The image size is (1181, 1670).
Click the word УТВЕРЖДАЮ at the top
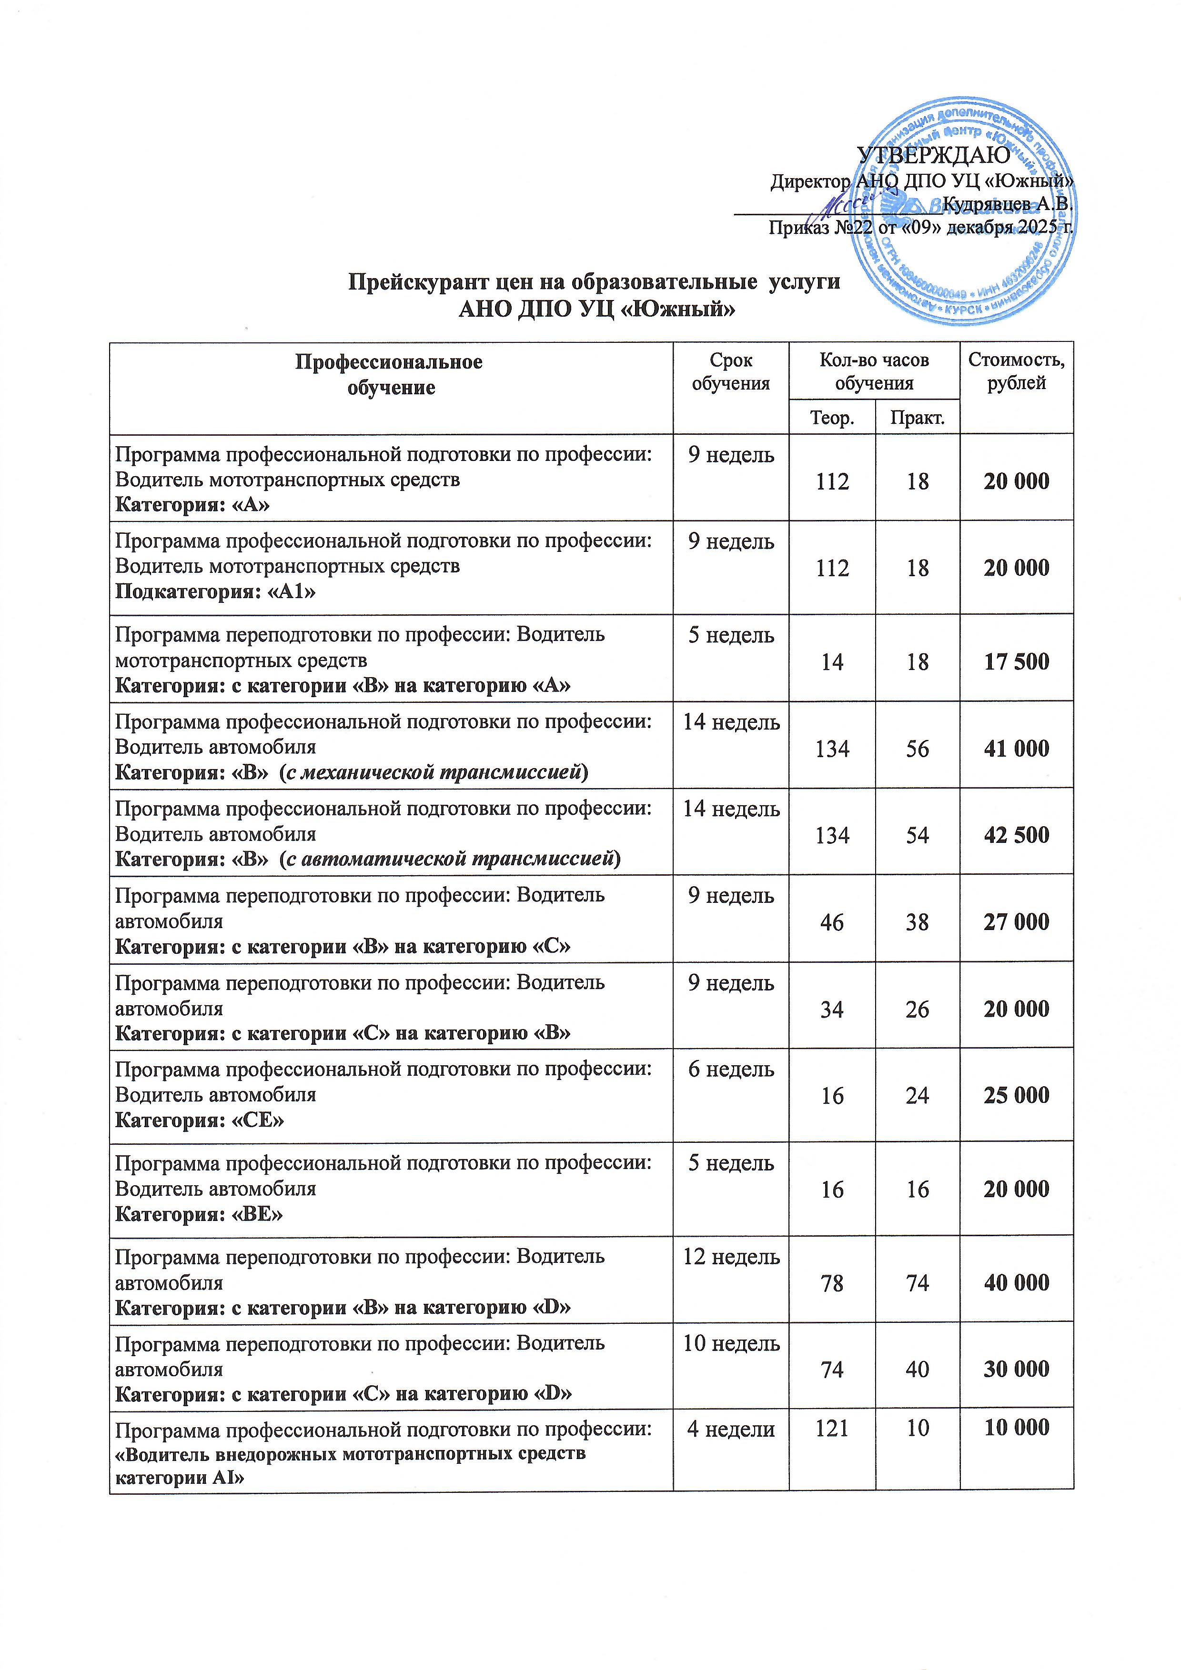[934, 155]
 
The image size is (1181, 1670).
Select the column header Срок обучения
[731, 372]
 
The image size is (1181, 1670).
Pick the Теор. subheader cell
[832, 418]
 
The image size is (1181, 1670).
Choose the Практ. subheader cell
[917, 418]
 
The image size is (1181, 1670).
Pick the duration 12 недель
[731, 1256]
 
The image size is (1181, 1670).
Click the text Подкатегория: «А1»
[215, 591]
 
